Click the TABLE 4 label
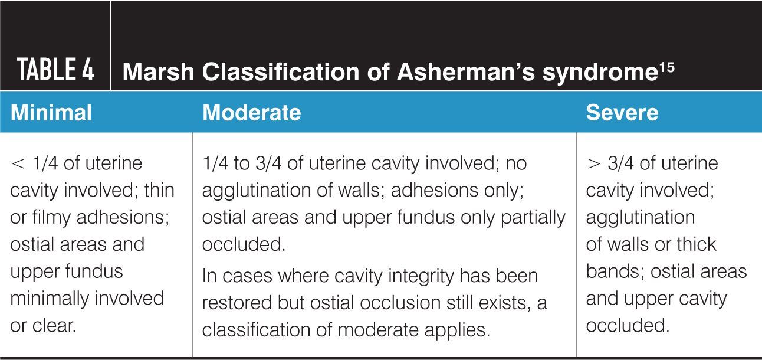click(x=56, y=70)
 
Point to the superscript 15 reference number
click(x=667, y=66)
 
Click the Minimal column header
click(x=51, y=112)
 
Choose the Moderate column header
click(x=251, y=112)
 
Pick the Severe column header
click(x=622, y=112)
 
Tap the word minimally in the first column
click(x=48, y=298)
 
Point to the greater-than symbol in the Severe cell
click(x=593, y=163)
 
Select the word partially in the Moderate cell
click(x=533, y=217)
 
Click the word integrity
click(x=386, y=276)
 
